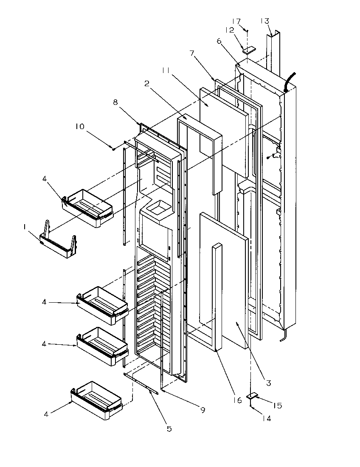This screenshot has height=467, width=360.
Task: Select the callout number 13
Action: point(265,21)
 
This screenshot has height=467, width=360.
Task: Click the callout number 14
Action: point(266,418)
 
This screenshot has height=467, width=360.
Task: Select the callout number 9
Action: point(203,410)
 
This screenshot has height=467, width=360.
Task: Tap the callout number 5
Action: point(169,429)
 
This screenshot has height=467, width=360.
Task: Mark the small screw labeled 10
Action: point(114,148)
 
